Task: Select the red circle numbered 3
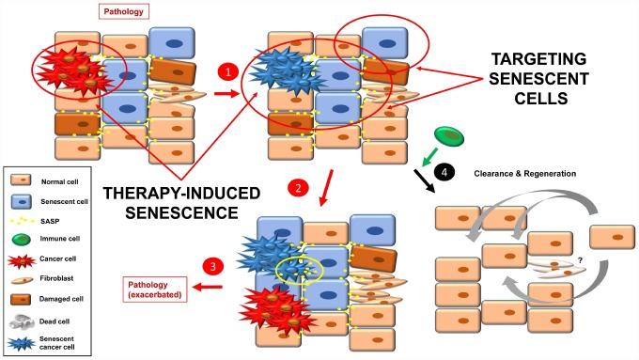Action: (214, 267)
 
